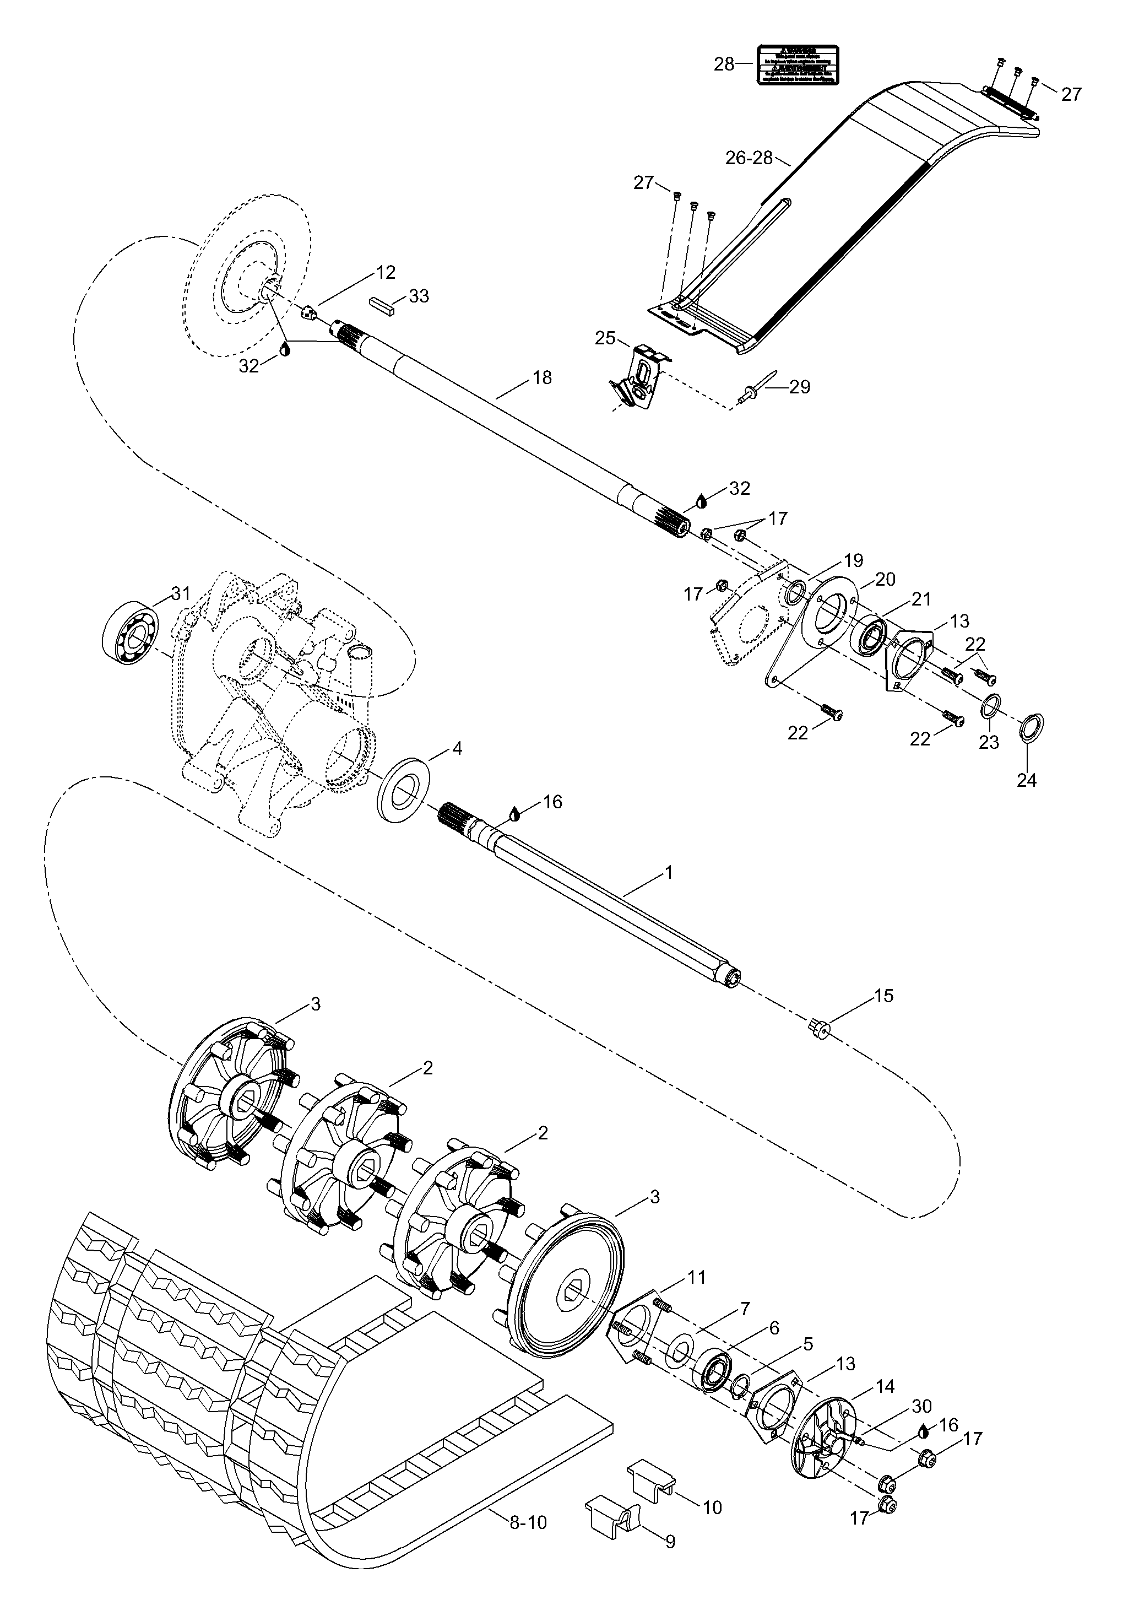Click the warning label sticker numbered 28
798,64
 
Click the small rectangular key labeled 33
382,302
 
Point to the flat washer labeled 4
404,788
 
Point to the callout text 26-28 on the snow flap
749,158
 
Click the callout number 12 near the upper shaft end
386,272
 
